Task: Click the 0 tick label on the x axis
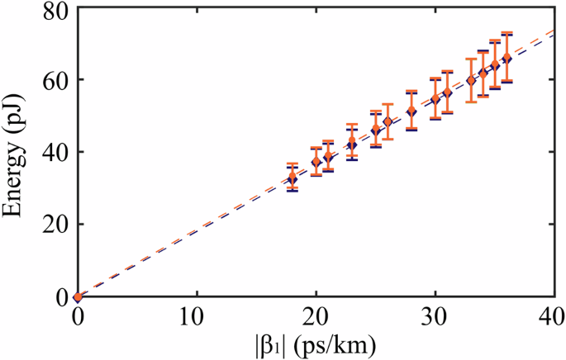coord(78,315)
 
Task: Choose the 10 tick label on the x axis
coord(197,315)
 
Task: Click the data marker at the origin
coord(78,296)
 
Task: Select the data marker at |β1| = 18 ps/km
coord(292,178)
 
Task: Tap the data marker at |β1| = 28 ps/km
coord(411,111)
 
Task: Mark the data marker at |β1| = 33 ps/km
coord(470,81)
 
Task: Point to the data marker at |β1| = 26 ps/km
coord(387,122)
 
